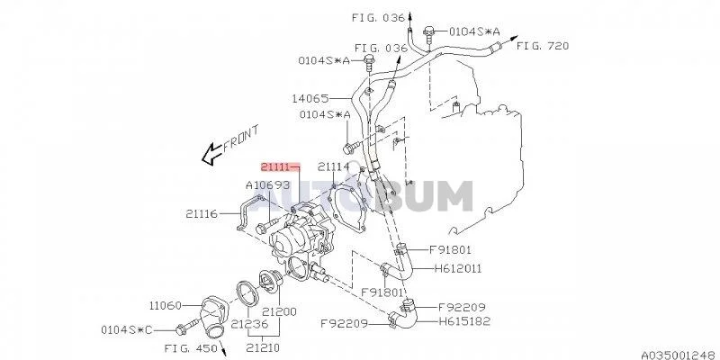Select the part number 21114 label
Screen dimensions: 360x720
[332, 167]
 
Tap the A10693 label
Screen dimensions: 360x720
[268, 185]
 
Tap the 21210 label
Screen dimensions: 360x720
[265, 344]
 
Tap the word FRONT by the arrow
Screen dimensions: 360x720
[241, 139]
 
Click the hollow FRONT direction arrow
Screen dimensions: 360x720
[212, 155]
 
